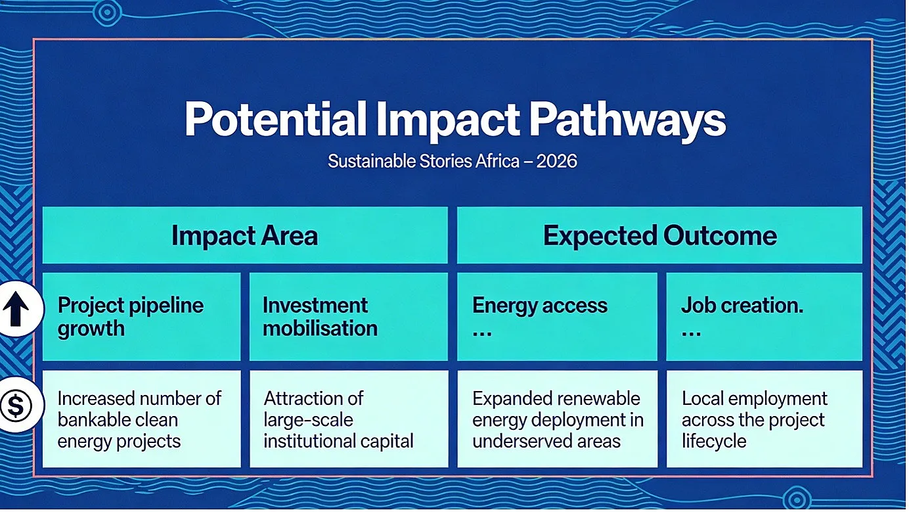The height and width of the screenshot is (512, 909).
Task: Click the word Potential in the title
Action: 276,120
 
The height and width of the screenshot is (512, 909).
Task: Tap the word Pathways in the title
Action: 628,120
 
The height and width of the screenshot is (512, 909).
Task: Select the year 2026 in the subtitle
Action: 556,161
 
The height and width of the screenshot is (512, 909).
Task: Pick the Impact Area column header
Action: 245,235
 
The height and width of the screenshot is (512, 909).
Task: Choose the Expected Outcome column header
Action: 660,235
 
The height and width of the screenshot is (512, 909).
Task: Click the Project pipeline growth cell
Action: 142,317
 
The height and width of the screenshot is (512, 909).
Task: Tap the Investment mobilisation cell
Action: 349,317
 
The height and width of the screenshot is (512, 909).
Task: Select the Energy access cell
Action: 557,317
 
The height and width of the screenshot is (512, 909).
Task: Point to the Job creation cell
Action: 764,317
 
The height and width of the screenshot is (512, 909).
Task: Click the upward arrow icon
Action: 16,309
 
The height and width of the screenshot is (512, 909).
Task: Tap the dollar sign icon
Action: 16,405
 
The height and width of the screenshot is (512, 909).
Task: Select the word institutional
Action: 307,442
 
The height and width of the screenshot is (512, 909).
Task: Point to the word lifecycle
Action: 714,442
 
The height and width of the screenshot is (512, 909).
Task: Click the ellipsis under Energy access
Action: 482,334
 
